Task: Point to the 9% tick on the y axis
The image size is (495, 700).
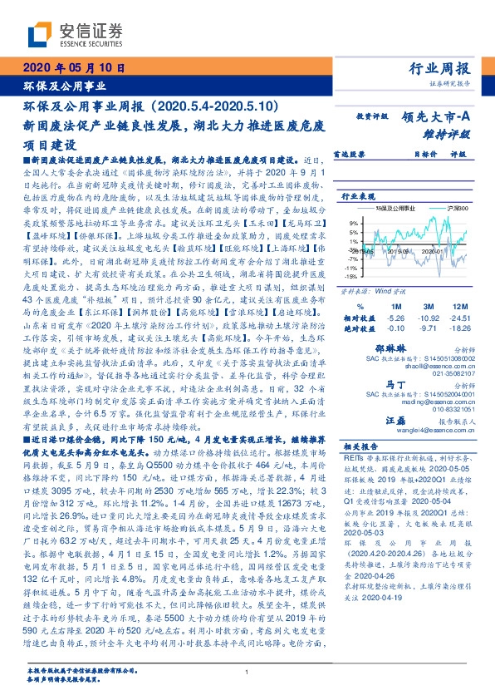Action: click(352, 222)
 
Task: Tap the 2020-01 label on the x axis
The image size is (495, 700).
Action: click(430, 249)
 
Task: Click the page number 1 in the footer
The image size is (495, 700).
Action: click(247, 672)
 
